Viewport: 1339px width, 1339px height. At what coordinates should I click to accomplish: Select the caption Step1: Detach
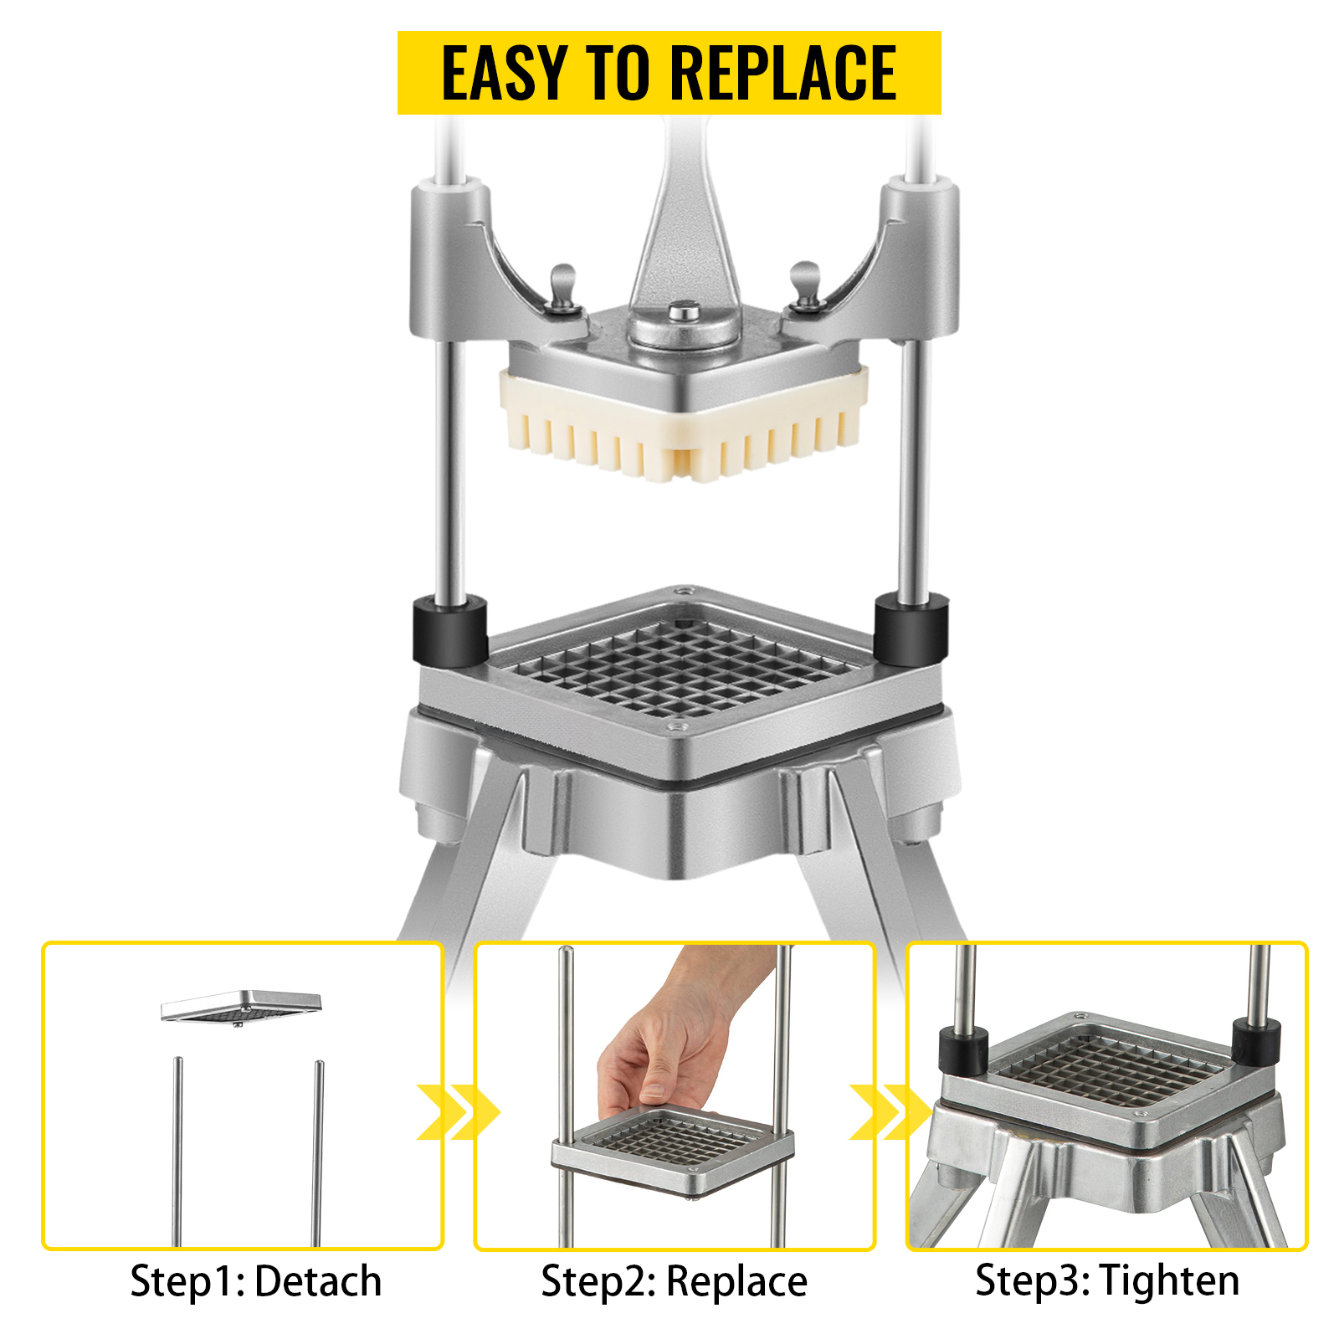point(256,1281)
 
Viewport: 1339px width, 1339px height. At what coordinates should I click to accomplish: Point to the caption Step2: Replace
point(675,1281)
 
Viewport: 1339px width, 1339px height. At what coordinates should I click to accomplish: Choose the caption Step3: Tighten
point(1107,1281)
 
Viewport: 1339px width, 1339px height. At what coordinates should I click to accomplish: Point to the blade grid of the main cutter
point(680,661)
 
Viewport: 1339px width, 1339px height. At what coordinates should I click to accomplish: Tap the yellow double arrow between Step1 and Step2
point(458,1112)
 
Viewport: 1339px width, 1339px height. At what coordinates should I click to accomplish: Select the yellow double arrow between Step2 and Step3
point(890,1112)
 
